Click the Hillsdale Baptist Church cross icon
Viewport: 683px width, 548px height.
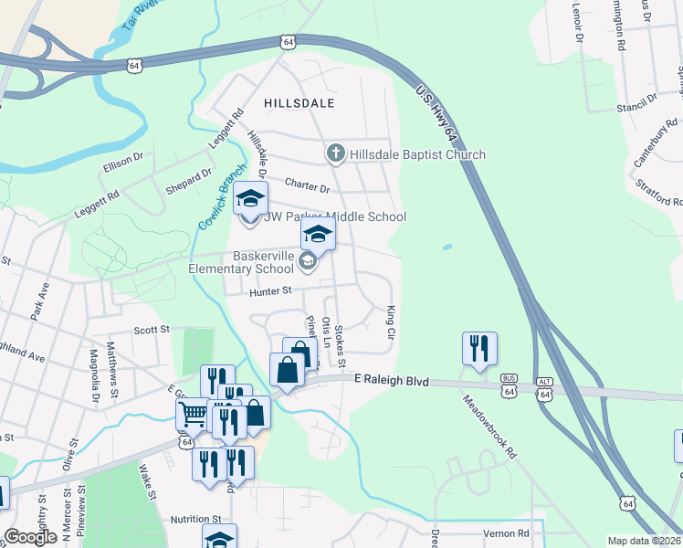coord(336,153)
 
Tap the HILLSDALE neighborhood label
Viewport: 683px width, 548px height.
coord(299,104)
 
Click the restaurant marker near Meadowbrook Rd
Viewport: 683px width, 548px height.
coord(479,349)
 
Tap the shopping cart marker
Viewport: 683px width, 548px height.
coord(193,414)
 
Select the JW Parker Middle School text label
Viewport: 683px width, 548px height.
coord(335,216)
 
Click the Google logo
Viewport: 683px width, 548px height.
coord(31,537)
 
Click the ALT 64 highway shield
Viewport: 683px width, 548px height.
coord(545,390)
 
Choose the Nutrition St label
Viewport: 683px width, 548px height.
coord(196,519)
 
